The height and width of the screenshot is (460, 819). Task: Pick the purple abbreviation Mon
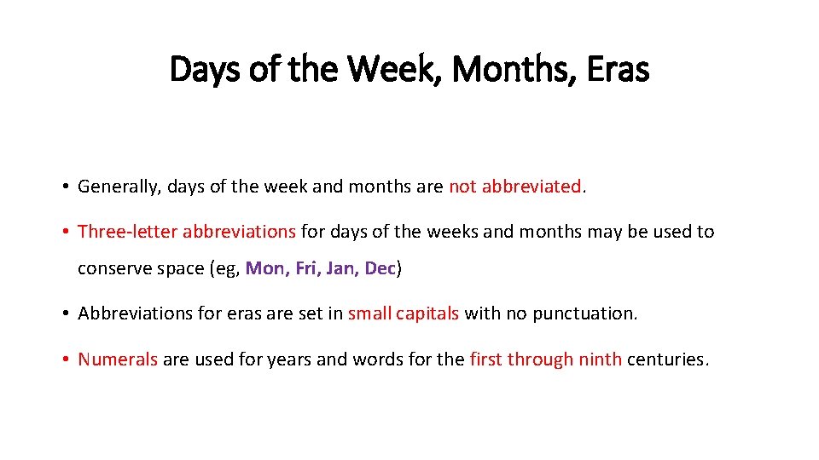point(265,268)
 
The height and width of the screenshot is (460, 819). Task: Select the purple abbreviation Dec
point(380,268)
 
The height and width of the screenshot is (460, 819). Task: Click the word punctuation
point(584,313)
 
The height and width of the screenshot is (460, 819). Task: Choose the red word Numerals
point(118,359)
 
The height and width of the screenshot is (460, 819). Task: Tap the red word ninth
point(600,359)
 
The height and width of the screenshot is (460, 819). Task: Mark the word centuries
point(666,359)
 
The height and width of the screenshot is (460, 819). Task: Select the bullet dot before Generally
point(65,187)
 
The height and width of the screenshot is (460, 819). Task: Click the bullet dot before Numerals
point(65,359)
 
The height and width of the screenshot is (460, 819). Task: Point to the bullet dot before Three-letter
point(65,232)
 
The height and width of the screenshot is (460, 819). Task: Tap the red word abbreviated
point(531,187)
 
